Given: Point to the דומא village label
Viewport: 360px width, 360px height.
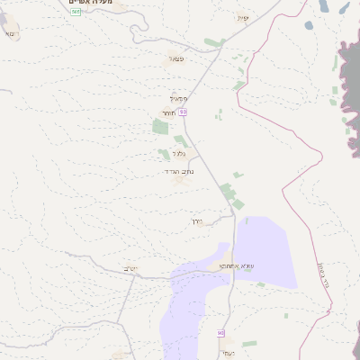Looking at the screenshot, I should click(9, 33).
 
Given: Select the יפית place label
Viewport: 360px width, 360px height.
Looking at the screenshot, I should click(242, 18).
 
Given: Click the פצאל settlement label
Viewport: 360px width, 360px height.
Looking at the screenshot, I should click(176, 58).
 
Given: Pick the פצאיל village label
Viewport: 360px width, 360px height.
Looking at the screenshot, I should click(179, 98).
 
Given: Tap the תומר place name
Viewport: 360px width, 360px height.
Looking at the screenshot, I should click(168, 112).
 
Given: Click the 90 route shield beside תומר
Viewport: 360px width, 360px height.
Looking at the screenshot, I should click(183, 112).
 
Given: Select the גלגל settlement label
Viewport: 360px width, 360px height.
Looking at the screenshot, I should click(166, 153).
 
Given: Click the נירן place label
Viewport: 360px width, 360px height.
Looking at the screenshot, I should click(198, 220).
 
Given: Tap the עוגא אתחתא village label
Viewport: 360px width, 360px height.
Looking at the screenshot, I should click(220, 266).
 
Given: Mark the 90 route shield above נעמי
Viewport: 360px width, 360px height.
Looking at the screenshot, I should click(220, 334).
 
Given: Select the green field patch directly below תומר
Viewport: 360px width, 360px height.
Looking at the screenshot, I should click(160, 126).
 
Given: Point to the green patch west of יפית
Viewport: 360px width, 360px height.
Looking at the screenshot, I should click(212, 42).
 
